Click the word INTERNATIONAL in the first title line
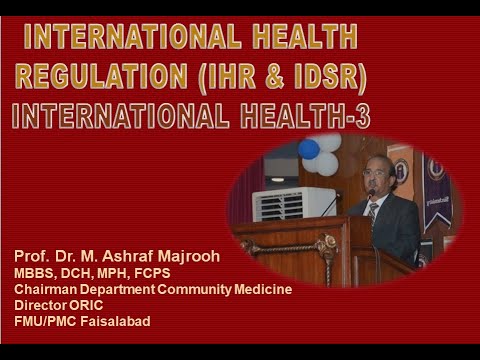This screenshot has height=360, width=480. click(x=131, y=39)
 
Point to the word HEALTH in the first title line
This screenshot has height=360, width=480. click(x=301, y=39)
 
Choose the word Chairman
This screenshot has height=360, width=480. click(x=47, y=289)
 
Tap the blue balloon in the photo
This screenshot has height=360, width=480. click(x=309, y=149)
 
